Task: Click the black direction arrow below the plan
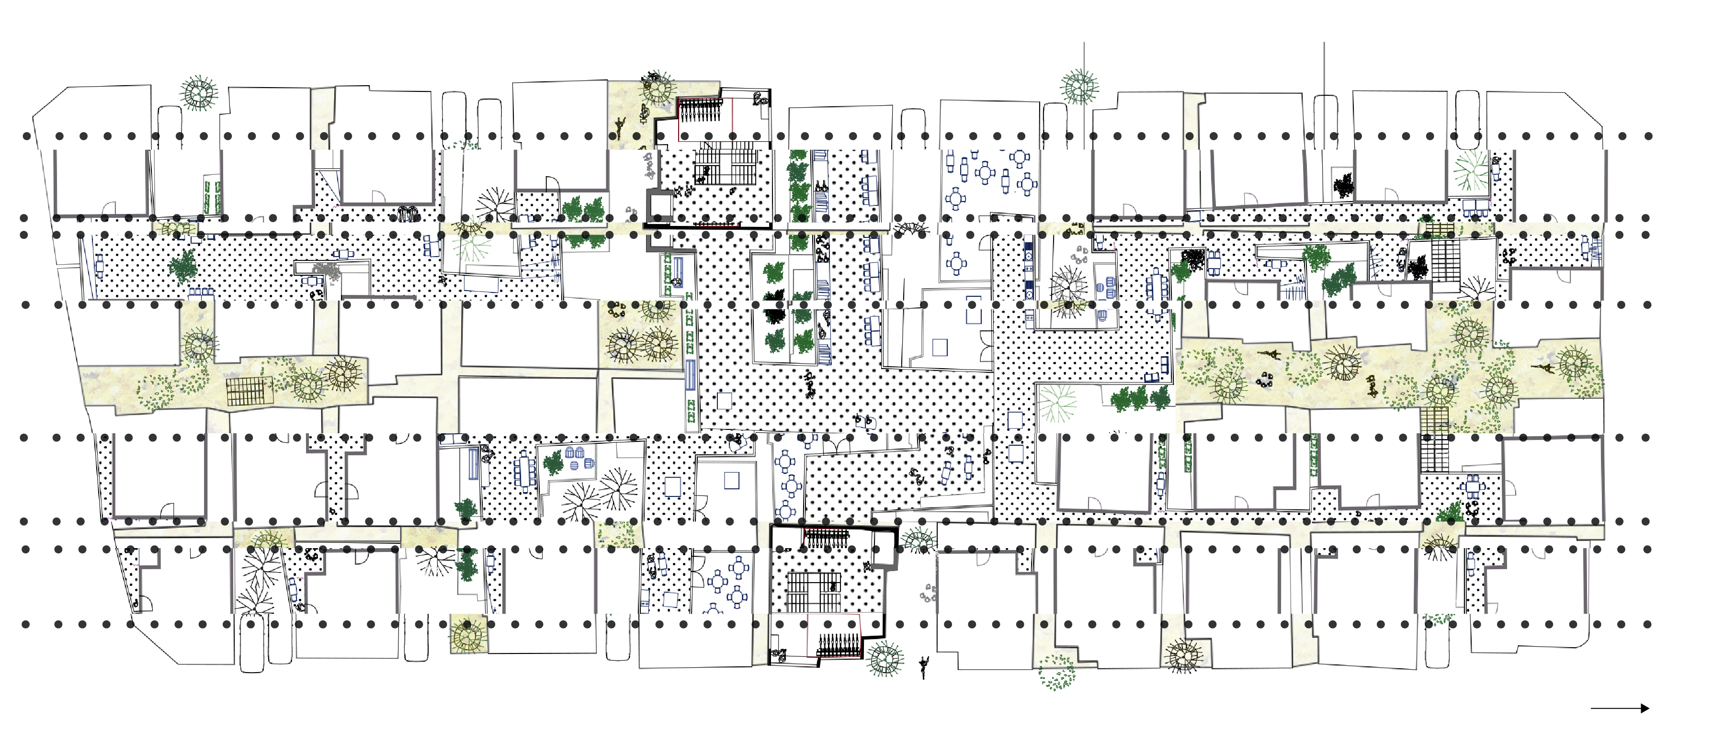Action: (1620, 708)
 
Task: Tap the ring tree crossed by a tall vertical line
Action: (1079, 87)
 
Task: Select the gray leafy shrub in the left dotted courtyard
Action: (327, 270)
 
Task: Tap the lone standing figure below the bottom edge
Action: (924, 666)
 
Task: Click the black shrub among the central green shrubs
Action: (774, 315)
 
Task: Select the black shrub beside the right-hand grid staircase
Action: (1417, 268)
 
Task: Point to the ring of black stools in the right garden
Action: (1264, 382)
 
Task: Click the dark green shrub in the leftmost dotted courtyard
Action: (182, 267)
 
